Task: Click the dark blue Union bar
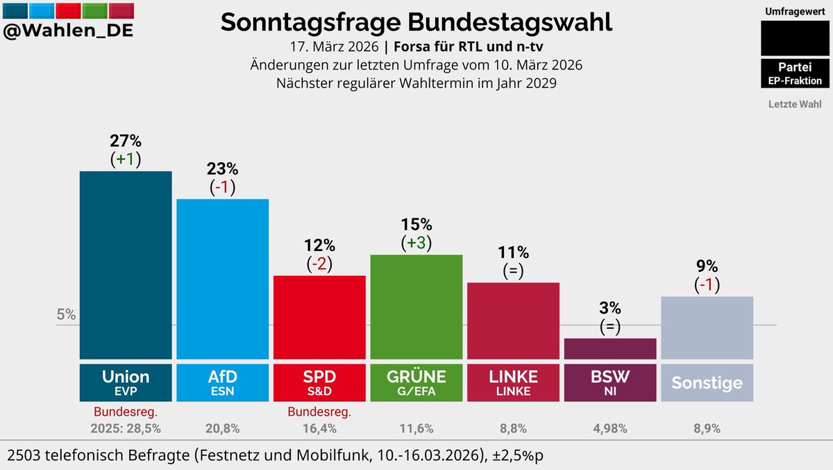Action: [x=126, y=264]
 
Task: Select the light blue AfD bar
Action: [x=222, y=278]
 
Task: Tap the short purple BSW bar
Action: [x=610, y=348]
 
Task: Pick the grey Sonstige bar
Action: [x=707, y=327]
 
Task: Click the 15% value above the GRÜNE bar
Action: [x=416, y=225]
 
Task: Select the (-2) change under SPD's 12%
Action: [x=319, y=264]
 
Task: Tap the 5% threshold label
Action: [x=66, y=314]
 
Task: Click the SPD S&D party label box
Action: [x=319, y=382]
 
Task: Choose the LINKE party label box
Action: [x=514, y=382]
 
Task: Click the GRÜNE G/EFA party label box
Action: [x=416, y=382]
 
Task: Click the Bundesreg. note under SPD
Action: [x=319, y=412]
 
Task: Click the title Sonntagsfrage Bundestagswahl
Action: [x=416, y=22]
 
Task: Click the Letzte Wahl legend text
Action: [x=795, y=104]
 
